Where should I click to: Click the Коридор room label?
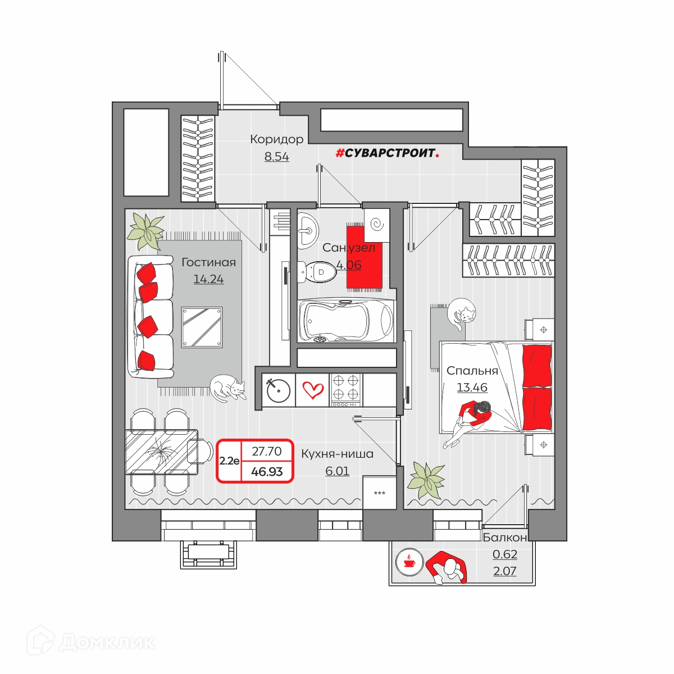tap(277, 139)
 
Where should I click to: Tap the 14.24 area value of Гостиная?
tap(208, 279)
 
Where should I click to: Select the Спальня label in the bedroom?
tap(472, 371)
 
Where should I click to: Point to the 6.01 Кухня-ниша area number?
tap(337, 471)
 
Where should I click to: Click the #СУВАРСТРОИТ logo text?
tap(387, 153)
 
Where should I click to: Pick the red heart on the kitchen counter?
tap(313, 390)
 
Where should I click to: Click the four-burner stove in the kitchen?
tap(346, 390)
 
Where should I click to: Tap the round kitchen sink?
tap(279, 390)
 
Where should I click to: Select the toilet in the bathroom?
tap(316, 272)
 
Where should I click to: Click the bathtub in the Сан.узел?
tap(347, 320)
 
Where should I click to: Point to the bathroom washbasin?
tap(308, 230)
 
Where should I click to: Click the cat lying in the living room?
tap(227, 388)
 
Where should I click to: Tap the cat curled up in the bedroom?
tap(461, 314)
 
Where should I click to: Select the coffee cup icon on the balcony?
tap(409, 563)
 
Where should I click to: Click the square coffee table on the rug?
tap(202, 327)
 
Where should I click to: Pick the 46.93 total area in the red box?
tap(267, 471)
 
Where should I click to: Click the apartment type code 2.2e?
tap(229, 461)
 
